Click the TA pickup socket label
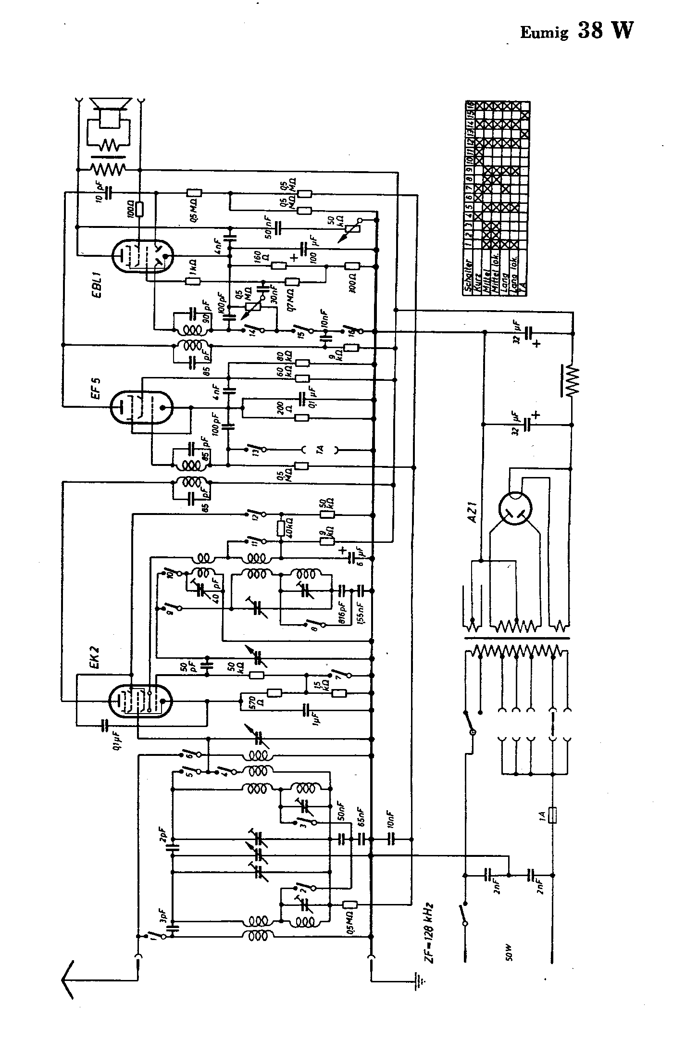tap(320, 450)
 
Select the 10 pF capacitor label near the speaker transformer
tap(99, 193)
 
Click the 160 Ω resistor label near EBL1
tap(258, 260)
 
